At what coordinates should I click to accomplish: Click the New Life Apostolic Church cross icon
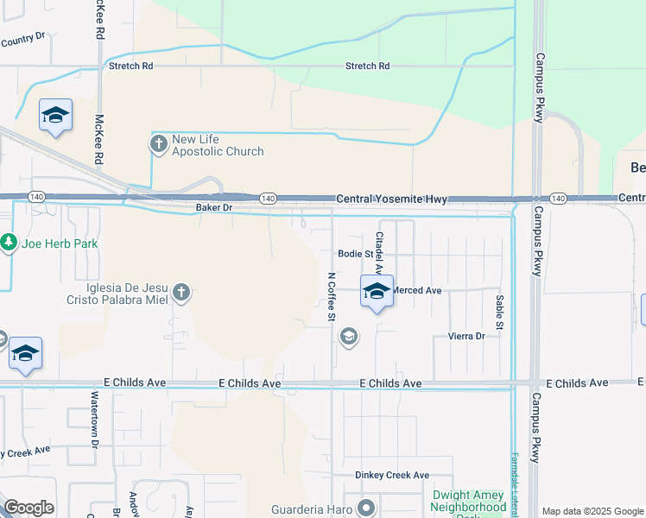[159, 145]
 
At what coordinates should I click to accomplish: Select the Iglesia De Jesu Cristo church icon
[181, 293]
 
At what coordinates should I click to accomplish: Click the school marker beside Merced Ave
[377, 292]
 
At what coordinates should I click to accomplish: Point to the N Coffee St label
[331, 297]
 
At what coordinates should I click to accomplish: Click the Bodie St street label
[355, 255]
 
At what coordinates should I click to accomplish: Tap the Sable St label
[499, 311]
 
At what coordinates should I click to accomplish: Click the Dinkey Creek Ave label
[392, 476]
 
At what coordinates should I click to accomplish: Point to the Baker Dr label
[214, 208]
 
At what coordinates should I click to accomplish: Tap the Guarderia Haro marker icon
[366, 507]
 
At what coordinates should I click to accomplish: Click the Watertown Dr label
[95, 420]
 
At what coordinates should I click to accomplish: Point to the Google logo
[28, 508]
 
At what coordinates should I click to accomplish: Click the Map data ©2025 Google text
[592, 511]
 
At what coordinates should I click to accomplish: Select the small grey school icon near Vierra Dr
[349, 336]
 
